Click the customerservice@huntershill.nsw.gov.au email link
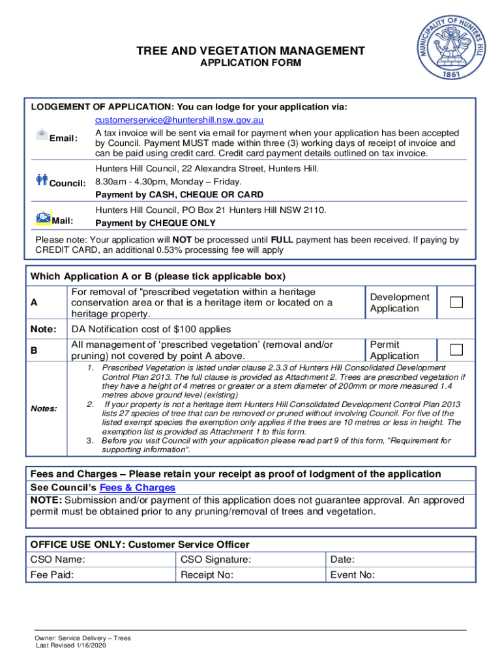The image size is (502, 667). (x=179, y=121)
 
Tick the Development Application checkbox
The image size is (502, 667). (x=456, y=302)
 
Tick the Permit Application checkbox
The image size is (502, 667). (x=456, y=350)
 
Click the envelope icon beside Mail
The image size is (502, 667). (x=43, y=218)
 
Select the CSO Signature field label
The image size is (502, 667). (x=216, y=559)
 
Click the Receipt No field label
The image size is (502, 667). (x=207, y=575)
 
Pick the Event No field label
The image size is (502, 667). (x=353, y=575)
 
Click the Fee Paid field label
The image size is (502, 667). (x=52, y=575)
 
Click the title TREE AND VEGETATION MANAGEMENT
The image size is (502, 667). (x=250, y=51)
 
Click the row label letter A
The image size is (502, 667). (x=34, y=303)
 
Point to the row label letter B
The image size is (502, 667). (x=34, y=350)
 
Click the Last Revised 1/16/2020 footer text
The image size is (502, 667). (x=70, y=646)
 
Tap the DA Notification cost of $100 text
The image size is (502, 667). (x=151, y=329)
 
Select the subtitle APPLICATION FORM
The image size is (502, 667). (x=250, y=63)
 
